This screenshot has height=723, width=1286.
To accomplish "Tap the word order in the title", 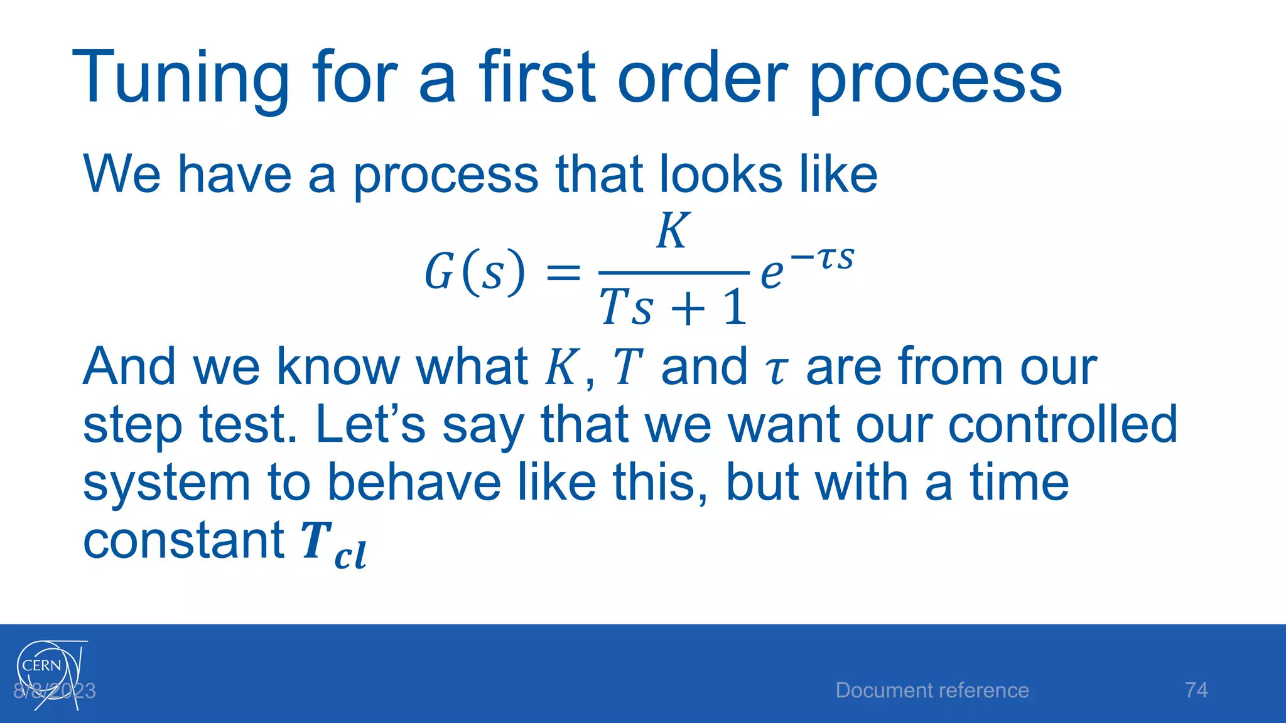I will [702, 78].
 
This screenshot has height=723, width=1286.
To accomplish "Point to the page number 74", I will [1196, 690].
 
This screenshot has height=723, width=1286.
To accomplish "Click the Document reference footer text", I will [932, 690].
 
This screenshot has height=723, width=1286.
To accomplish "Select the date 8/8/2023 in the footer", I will [55, 691].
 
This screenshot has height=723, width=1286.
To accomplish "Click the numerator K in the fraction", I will [673, 231].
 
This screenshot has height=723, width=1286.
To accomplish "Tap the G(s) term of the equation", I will [475, 272].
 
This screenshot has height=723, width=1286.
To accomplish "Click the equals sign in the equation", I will [563, 274].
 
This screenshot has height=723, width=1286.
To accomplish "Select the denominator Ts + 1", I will [673, 308].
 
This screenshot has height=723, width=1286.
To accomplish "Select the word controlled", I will [1062, 425].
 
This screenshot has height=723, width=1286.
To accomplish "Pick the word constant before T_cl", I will [183, 540].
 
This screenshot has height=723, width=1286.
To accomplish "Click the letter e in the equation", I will [772, 275].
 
